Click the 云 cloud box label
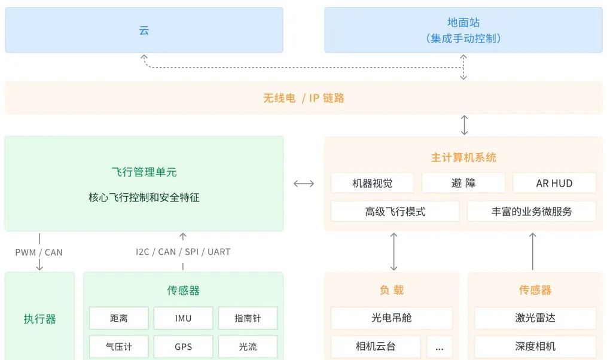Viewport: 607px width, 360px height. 144,30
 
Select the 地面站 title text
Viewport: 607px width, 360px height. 463,23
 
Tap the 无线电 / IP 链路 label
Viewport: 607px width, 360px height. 304,98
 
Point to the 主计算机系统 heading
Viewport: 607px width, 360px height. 463,158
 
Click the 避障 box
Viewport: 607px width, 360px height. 463,183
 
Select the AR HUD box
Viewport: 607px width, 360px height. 554,183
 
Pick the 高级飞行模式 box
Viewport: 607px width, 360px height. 395,212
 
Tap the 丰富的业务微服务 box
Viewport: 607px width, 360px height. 532,212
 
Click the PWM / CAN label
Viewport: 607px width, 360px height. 39,252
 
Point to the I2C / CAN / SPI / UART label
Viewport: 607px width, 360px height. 183,252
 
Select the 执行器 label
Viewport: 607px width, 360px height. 40,319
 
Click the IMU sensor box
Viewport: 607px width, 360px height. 184,318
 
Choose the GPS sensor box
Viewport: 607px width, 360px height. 184,346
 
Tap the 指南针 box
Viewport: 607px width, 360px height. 248,318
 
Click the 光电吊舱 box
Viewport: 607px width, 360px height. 392,318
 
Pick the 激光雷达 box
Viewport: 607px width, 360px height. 535,318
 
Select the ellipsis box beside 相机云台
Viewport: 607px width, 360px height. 440,346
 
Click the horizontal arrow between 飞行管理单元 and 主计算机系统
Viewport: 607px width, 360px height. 304,184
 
